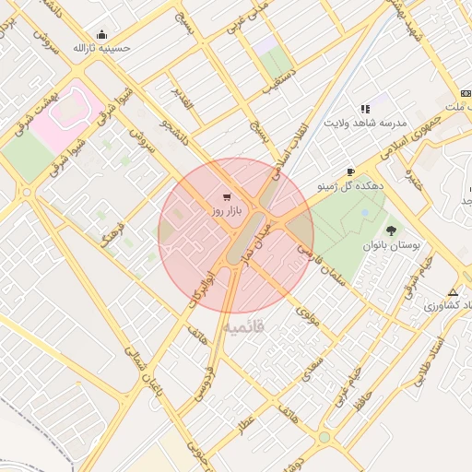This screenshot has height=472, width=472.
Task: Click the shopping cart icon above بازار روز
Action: (x=227, y=196)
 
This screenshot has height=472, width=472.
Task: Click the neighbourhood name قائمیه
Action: (x=242, y=326)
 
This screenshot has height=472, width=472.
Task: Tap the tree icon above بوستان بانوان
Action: (x=392, y=230)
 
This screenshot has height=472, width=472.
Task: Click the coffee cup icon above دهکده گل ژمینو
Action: (x=350, y=172)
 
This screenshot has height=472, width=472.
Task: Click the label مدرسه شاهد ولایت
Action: (x=364, y=123)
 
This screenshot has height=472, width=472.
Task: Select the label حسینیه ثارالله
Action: (x=101, y=47)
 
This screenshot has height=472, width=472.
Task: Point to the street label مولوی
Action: (x=307, y=316)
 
